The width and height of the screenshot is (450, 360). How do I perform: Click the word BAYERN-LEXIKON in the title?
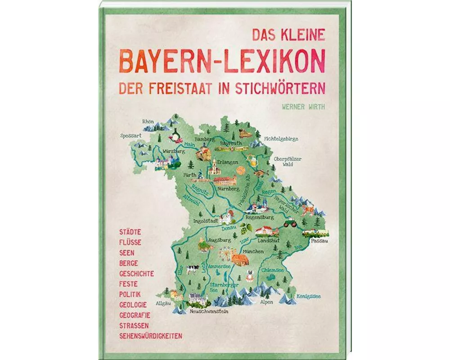222,61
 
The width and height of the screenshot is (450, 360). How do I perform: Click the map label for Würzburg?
174,151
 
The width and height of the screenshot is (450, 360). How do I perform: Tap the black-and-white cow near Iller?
192,269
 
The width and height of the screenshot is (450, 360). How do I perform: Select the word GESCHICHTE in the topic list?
136,274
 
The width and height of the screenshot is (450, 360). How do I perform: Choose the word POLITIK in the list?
130,294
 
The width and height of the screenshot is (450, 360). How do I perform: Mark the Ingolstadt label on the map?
206,221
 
